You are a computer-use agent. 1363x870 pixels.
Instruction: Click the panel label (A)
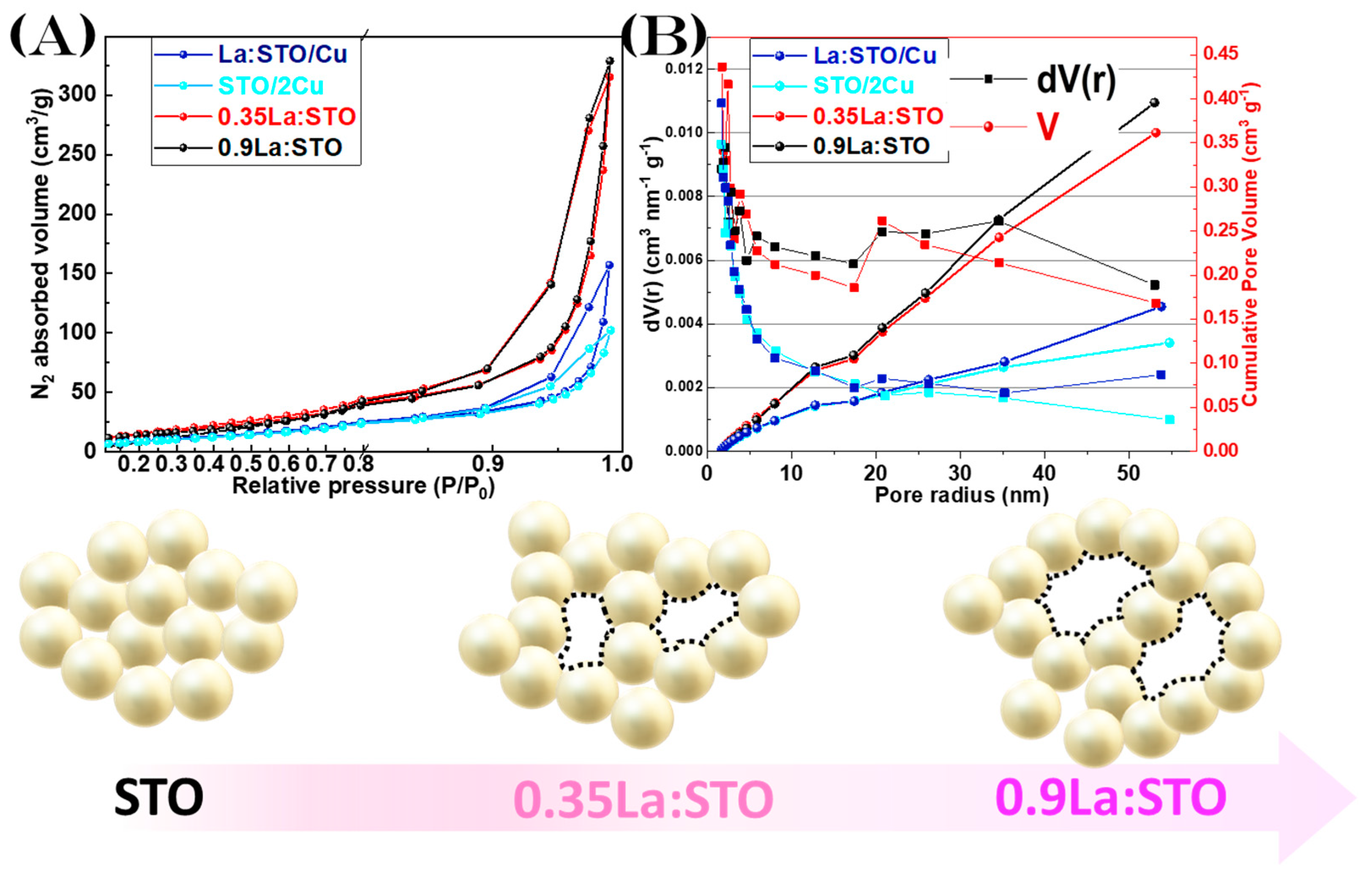pyautogui.click(x=52, y=35)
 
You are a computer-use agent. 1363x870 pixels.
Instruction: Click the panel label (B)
pyautogui.click(x=663, y=35)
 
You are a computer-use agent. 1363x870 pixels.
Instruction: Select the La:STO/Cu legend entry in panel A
pyautogui.click(x=281, y=55)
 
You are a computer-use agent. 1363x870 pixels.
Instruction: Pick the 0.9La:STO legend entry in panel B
pyautogui.click(x=870, y=147)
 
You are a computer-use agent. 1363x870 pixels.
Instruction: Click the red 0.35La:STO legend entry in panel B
pyautogui.click(x=878, y=117)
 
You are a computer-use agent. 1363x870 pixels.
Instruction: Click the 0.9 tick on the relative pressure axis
pyautogui.click(x=488, y=464)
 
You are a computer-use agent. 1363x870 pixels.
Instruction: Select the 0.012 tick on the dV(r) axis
pyautogui.click(x=684, y=69)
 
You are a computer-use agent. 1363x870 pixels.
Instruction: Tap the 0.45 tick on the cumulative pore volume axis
pyautogui.click(x=1220, y=54)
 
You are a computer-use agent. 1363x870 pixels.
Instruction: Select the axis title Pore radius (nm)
pyautogui.click(x=962, y=495)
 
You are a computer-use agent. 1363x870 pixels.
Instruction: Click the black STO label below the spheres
pyautogui.click(x=158, y=798)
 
